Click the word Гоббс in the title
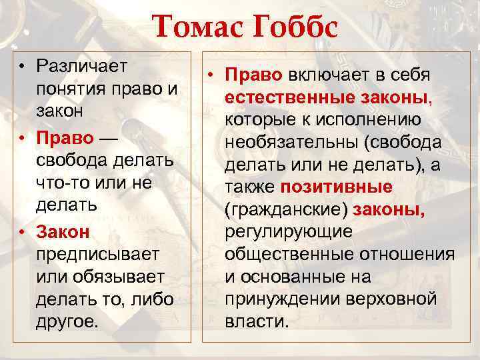pyautogui.click(x=293, y=27)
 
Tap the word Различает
pyautogui.click(x=83, y=66)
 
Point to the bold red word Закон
pyautogui.click(x=63, y=231)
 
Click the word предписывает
pyautogui.click(x=97, y=254)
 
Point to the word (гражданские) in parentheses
pyautogui.click(x=286, y=210)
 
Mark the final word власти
pyautogui.click(x=257, y=321)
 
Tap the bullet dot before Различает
pyautogui.click(x=23, y=66)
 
